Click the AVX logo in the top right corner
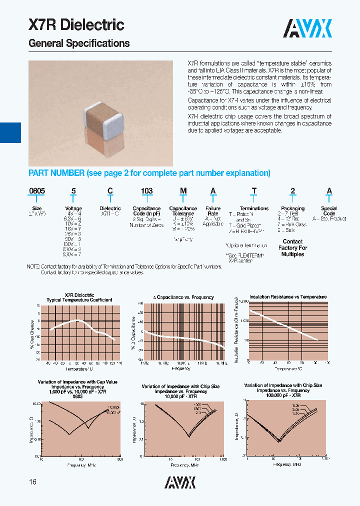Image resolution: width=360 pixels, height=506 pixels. pos(307,29)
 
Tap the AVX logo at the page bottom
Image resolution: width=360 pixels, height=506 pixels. pos(180,482)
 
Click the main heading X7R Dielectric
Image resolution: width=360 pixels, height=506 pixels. pos(76,24)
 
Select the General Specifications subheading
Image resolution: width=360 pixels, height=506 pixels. pos(79,43)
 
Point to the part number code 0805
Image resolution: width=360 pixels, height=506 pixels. pos(36,191)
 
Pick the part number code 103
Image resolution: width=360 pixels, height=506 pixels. pos(146,191)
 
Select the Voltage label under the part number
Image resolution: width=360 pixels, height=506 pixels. pos(73,208)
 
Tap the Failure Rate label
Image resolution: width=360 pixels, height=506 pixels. pos(213,211)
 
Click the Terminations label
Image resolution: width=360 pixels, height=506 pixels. pos(254,208)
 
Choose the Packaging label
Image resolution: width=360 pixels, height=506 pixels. pos(292,208)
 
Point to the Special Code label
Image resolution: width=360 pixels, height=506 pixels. pos(329,211)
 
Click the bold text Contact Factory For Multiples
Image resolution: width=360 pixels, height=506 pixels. pos(292,247)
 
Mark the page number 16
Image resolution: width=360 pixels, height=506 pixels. pos(33,482)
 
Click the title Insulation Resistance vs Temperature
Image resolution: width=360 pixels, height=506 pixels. pos(288,297)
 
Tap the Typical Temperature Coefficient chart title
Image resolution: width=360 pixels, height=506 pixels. pos(79,300)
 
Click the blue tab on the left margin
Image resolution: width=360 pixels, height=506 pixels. pos(10,132)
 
